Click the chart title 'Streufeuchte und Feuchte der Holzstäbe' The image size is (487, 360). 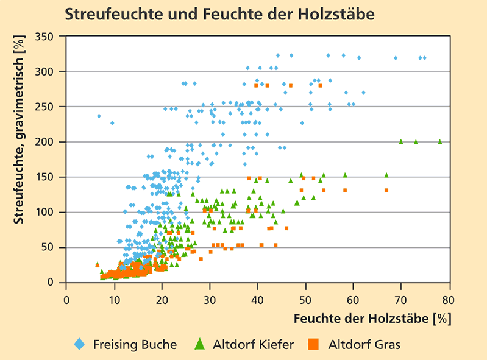(x=219, y=13)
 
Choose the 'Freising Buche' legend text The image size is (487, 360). (x=135, y=345)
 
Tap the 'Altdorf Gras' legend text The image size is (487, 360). (x=364, y=345)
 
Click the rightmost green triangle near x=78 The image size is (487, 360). (x=440, y=141)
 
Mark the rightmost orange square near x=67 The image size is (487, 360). (x=386, y=190)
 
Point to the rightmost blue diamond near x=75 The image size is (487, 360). (x=424, y=58)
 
